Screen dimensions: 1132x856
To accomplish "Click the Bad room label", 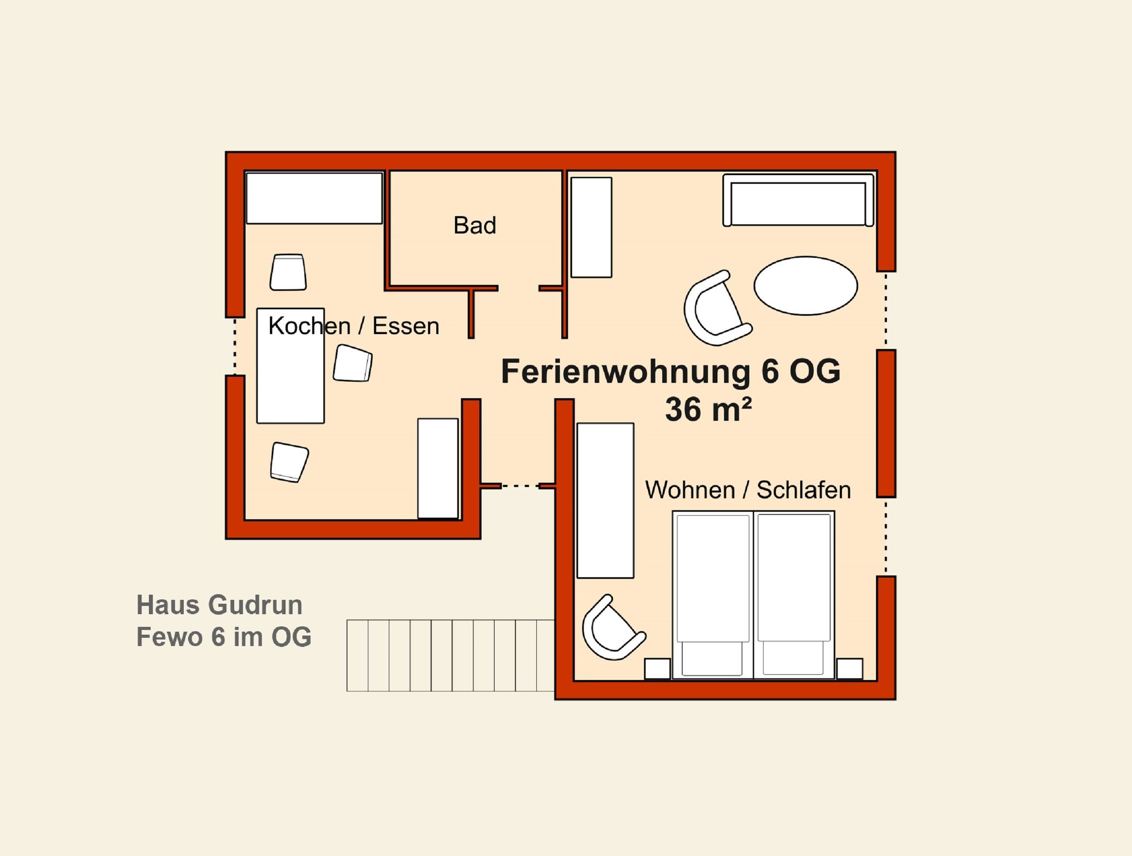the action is tap(475, 225).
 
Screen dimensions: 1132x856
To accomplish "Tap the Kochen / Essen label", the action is tap(354, 325).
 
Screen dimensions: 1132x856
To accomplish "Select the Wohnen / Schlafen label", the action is tap(748, 490).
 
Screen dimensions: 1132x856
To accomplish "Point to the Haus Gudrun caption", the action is tap(219, 605).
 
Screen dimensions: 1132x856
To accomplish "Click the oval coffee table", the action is tap(806, 285).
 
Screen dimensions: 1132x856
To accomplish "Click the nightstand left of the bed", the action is tap(657, 669).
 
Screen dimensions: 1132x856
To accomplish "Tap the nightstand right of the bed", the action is tap(849, 669).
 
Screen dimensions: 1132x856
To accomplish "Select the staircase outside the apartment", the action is tap(450, 655).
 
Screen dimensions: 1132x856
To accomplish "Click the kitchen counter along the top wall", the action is tap(314, 198).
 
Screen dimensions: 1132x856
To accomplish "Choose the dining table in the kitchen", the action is tap(290, 365).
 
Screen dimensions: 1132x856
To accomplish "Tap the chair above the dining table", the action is tap(288, 272).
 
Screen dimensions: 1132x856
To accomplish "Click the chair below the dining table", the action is tap(289, 462).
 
